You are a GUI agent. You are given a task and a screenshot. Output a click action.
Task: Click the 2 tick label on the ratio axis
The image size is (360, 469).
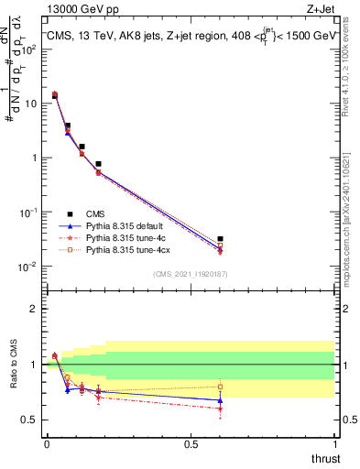click(x=34, y=309)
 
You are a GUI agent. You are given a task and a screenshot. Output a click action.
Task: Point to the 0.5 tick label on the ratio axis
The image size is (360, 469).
click(x=29, y=420)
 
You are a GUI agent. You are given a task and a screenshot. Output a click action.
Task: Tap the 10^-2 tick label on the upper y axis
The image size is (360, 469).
click(x=27, y=267)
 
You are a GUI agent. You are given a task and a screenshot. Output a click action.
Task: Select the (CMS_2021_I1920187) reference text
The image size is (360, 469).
click(x=190, y=274)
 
